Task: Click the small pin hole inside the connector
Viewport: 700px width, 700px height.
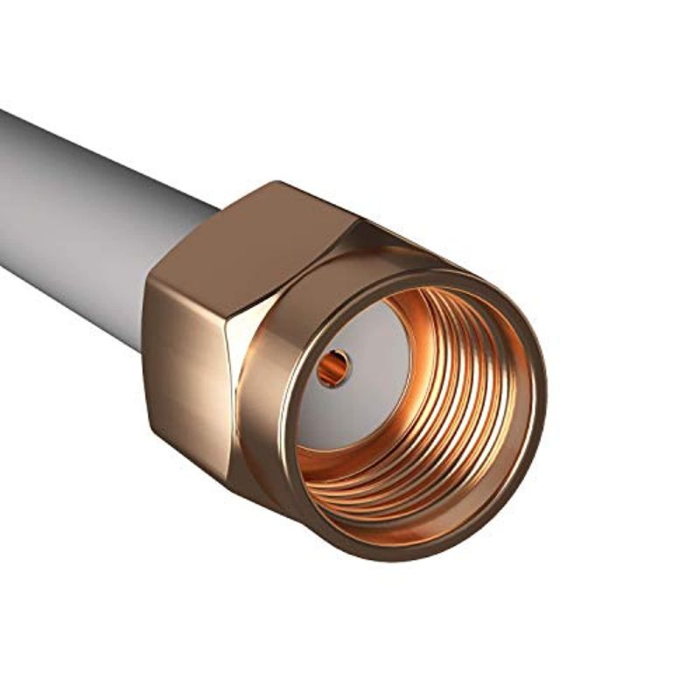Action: [x=333, y=368]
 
